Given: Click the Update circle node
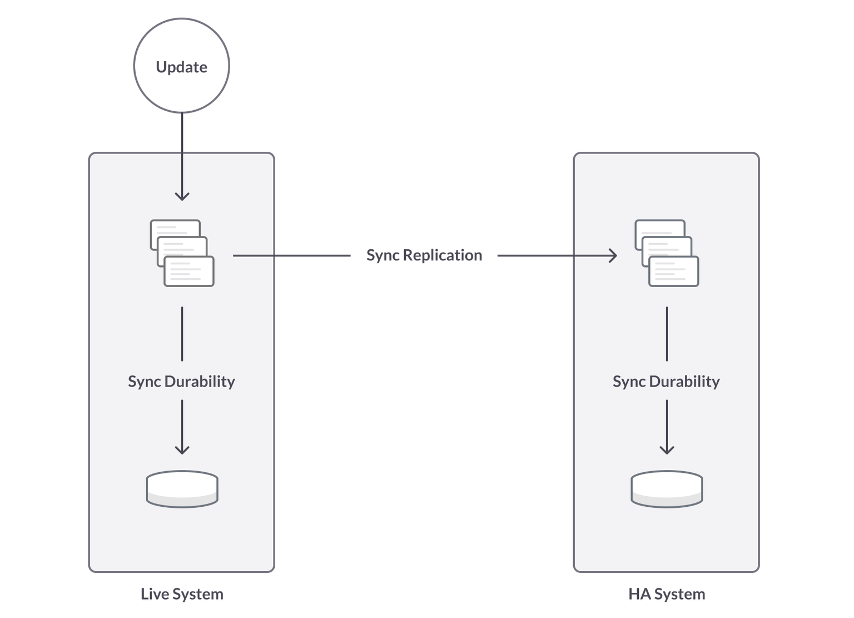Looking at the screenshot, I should pyautogui.click(x=182, y=66).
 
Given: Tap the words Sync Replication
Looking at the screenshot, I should pyautogui.click(x=424, y=255).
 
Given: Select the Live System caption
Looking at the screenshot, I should pyautogui.click(x=182, y=594).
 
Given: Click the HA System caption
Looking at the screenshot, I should pyautogui.click(x=667, y=594).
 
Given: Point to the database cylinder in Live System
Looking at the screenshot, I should pyautogui.click(x=182, y=489).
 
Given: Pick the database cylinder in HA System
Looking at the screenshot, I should pyautogui.click(x=667, y=489).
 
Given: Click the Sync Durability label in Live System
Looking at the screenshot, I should pyautogui.click(x=181, y=382).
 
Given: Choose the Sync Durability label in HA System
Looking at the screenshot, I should pyautogui.click(x=666, y=382).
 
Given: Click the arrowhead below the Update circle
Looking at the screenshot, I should pyautogui.click(x=182, y=196).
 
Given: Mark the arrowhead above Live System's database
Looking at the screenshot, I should pyautogui.click(x=182, y=449).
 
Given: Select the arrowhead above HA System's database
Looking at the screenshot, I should pyautogui.click(x=667, y=449).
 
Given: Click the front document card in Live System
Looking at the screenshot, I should pyautogui.click(x=189, y=272).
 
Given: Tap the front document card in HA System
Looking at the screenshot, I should pyautogui.click(x=674, y=272).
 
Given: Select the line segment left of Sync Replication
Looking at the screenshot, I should pyautogui.click(x=291, y=255).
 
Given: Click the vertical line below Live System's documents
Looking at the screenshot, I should pyautogui.click(x=182, y=334).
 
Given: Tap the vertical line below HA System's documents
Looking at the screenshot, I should pyautogui.click(x=667, y=334).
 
